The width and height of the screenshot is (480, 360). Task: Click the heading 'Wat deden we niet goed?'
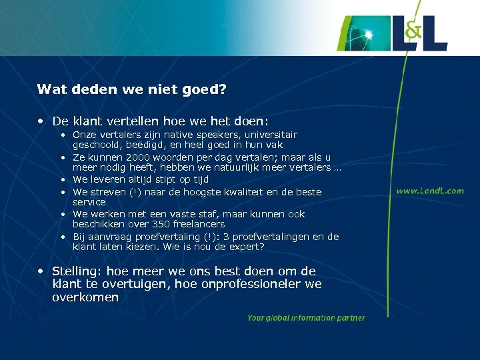132,89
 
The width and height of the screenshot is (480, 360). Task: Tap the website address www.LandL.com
430,191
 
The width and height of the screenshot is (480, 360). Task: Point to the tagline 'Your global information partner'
306,318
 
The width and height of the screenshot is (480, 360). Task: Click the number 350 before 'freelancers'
151,225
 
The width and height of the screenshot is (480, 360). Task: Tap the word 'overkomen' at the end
85,297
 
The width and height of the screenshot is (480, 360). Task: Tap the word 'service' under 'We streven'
89,202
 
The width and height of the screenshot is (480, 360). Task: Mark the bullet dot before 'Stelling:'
41,271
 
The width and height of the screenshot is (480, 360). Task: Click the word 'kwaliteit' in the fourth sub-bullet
252,192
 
